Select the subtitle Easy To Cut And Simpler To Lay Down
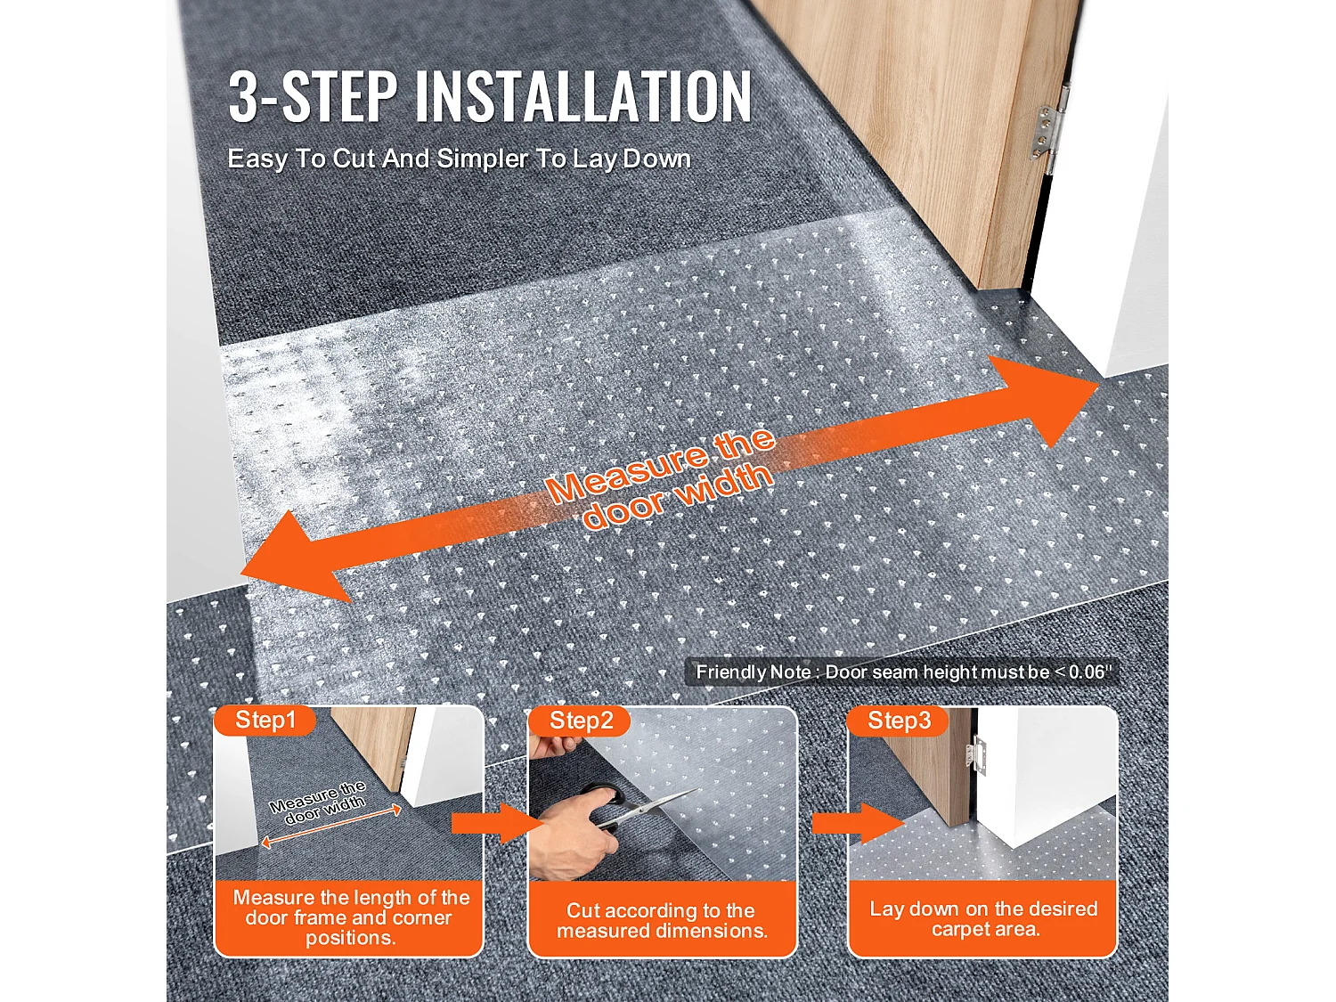point(459,159)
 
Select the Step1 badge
point(265,721)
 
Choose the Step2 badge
point(581,721)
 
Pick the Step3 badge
point(899,721)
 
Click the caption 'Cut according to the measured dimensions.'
point(662,920)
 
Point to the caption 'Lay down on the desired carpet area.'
point(983,919)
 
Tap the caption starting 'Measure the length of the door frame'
point(350,917)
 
